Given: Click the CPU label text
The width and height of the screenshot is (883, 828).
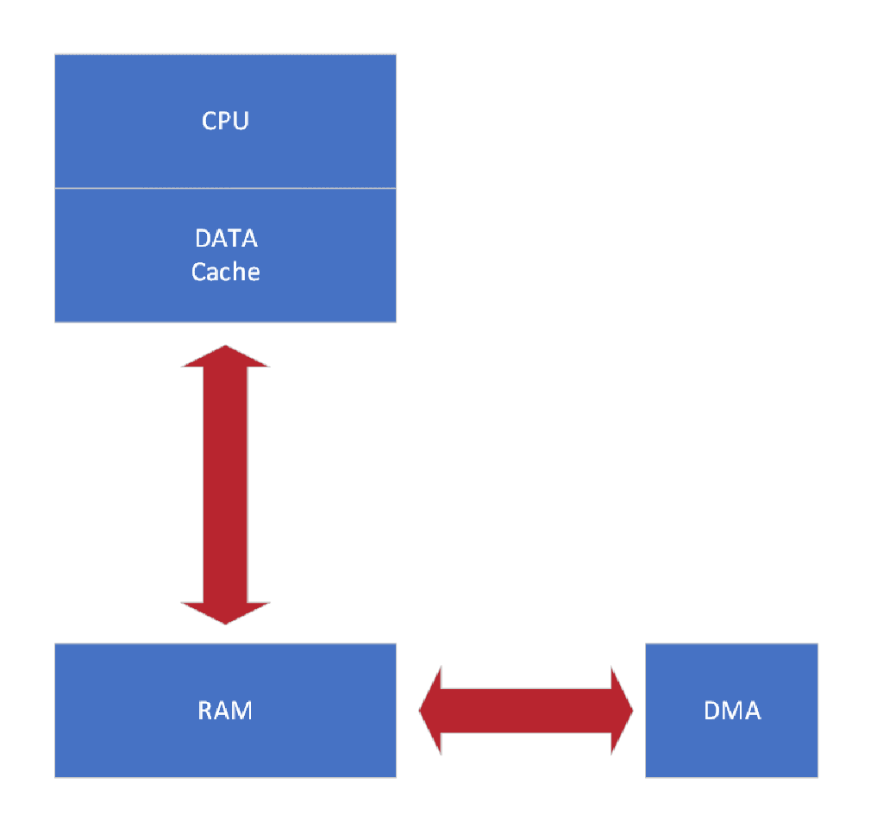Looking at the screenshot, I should pos(225,120).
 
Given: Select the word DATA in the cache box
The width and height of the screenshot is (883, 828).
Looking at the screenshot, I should pos(226,238).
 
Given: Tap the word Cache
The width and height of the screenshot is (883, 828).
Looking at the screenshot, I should pos(225,272).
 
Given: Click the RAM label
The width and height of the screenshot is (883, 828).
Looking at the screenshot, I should pos(225,711).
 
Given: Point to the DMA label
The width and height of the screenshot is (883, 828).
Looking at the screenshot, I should pos(732,711).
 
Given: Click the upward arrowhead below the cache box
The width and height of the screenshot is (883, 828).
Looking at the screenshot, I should pos(225,357).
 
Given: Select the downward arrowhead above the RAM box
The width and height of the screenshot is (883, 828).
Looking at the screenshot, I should pos(225,612).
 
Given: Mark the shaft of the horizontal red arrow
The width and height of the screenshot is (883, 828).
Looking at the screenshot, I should pos(526,711).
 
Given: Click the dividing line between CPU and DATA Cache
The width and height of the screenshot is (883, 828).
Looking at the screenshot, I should pos(225,188).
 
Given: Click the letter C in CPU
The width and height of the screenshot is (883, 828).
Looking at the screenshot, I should pos(210,120).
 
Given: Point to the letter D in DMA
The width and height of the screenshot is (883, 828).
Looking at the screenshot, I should pos(713,711).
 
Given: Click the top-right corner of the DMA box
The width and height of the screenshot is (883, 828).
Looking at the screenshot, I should pos(817,644).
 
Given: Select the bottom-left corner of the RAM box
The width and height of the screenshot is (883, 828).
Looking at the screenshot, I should pos(56,777).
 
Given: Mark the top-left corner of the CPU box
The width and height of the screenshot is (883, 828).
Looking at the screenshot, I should pos(56,55).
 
